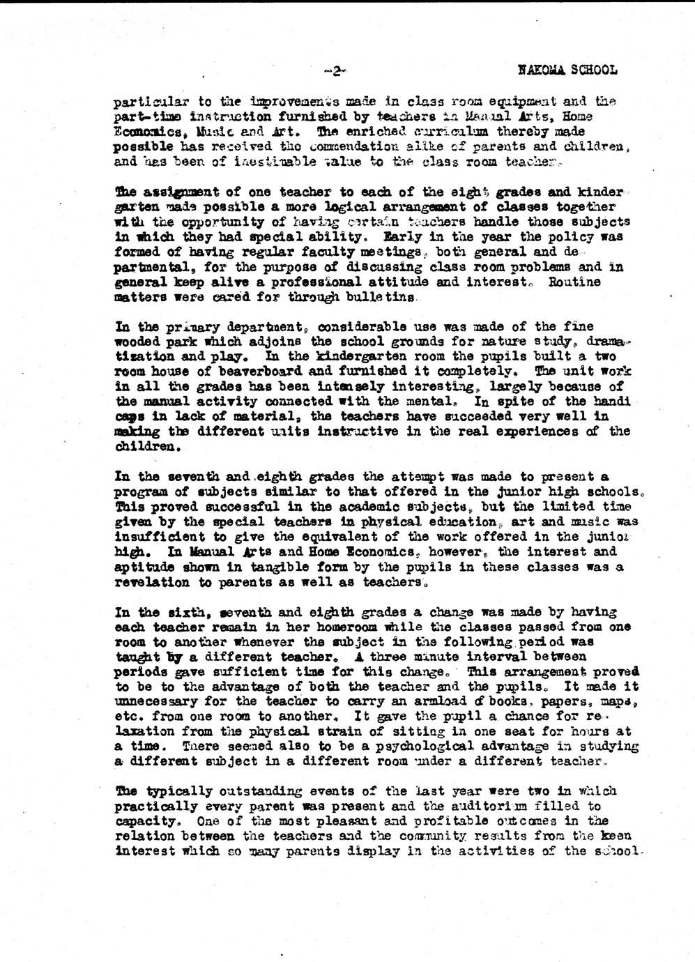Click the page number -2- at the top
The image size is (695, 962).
click(x=335, y=70)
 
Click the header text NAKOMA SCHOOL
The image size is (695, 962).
click(x=568, y=70)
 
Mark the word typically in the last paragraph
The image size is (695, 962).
click(x=180, y=791)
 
